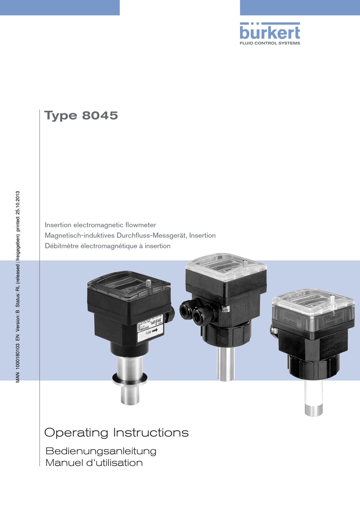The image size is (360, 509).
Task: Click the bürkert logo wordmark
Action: pyautogui.click(x=269, y=32)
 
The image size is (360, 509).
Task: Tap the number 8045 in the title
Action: pyautogui.click(x=100, y=115)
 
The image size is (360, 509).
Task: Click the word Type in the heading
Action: pyautogui.click(x=61, y=116)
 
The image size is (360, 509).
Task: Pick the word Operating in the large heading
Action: pyautogui.click(x=76, y=433)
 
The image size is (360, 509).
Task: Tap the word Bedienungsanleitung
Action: pyautogui.click(x=101, y=451)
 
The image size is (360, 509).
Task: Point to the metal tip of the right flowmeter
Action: pyautogui.click(x=313, y=411)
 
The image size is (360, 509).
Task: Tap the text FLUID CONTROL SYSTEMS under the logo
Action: pyautogui.click(x=269, y=43)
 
